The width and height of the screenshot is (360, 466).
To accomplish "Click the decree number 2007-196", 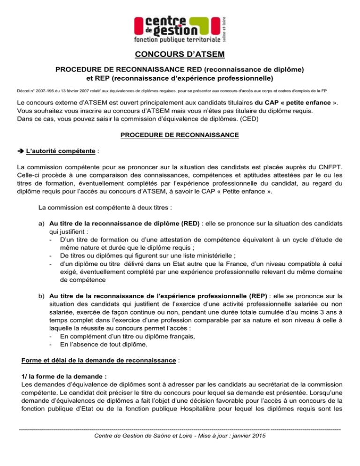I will coord(40,88).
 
